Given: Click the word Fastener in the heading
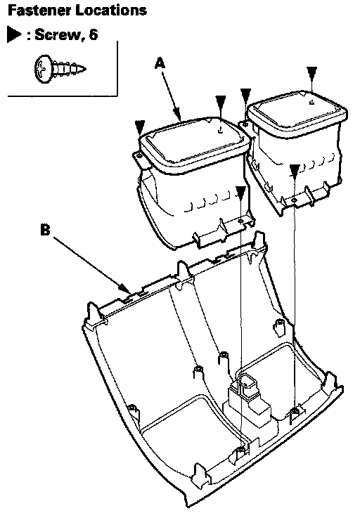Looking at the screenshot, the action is [39, 10].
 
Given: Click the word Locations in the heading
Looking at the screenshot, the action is [111, 10].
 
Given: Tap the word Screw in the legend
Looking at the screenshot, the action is [57, 34].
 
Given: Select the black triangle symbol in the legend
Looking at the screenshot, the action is [14, 34].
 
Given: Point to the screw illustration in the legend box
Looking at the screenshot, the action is [60, 70].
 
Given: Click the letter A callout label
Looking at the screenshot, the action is [160, 63].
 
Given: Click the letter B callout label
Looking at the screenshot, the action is [45, 229].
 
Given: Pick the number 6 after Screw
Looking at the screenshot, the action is [94, 34].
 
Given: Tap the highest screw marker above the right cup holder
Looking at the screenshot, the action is [312, 72].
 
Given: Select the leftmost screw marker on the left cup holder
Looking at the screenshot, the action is [140, 126].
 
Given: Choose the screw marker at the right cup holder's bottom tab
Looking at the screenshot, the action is [295, 170].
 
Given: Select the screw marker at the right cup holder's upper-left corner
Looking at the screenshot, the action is [245, 93].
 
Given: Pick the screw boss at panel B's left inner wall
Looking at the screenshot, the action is [132, 408].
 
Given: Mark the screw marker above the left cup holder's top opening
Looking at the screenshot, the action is [221, 100].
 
